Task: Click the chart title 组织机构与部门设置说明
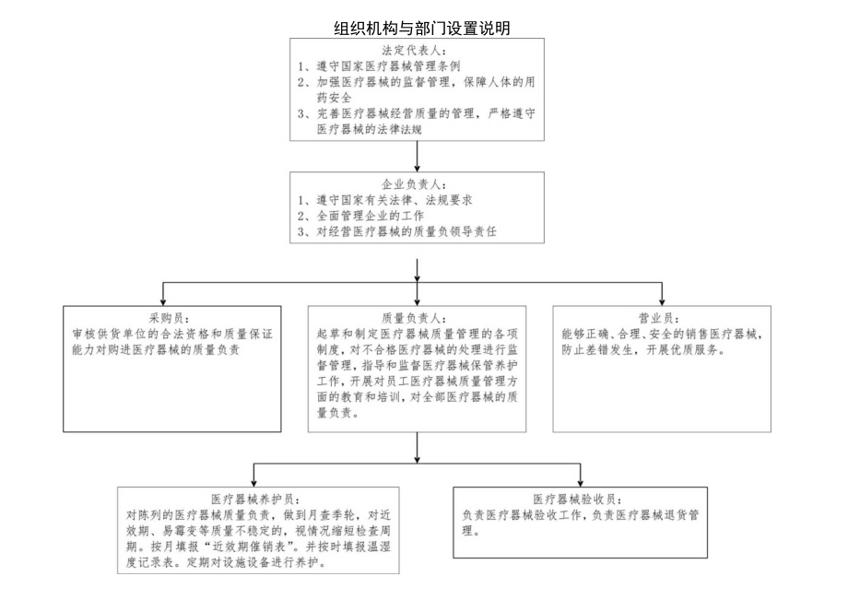[x=422, y=29]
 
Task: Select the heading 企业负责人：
[x=418, y=183]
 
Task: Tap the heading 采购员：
[x=171, y=316]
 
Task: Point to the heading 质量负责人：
[x=418, y=316]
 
